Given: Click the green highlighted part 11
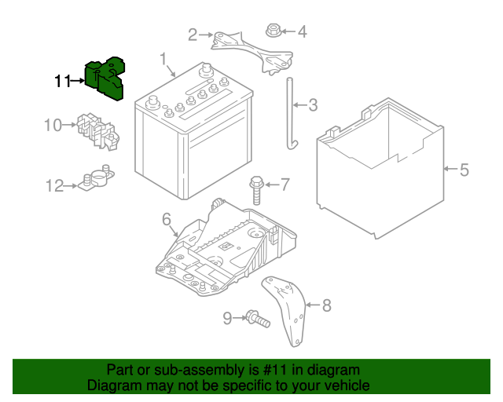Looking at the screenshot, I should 109,79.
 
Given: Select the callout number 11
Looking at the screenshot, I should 63,81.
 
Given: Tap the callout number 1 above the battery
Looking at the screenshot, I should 164,59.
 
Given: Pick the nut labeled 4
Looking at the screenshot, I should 272,32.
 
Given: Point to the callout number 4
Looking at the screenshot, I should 302,32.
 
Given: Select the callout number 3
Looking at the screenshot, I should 312,104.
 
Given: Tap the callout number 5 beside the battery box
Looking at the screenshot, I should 464,169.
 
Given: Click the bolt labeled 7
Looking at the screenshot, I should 256,188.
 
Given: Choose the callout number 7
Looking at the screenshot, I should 285,185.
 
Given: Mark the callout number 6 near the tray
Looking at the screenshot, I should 167,220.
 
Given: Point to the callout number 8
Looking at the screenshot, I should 327,305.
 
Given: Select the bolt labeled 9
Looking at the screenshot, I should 256,319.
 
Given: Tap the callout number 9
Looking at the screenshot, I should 227,318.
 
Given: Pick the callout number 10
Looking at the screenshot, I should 52,125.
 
